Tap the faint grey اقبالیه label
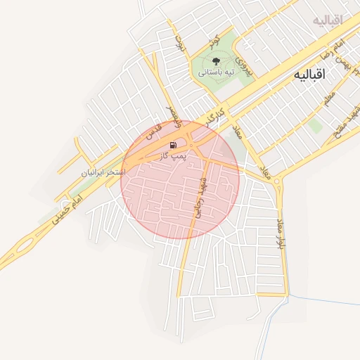pyautogui.click(x=328, y=20)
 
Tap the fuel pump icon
pyautogui.click(x=173, y=144)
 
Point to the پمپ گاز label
pyautogui.click(x=175, y=155)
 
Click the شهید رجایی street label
pyautogui.click(x=199, y=199)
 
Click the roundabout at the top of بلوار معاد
pyautogui.click(x=278, y=184)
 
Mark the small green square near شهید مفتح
pyautogui.click(x=316, y=126)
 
